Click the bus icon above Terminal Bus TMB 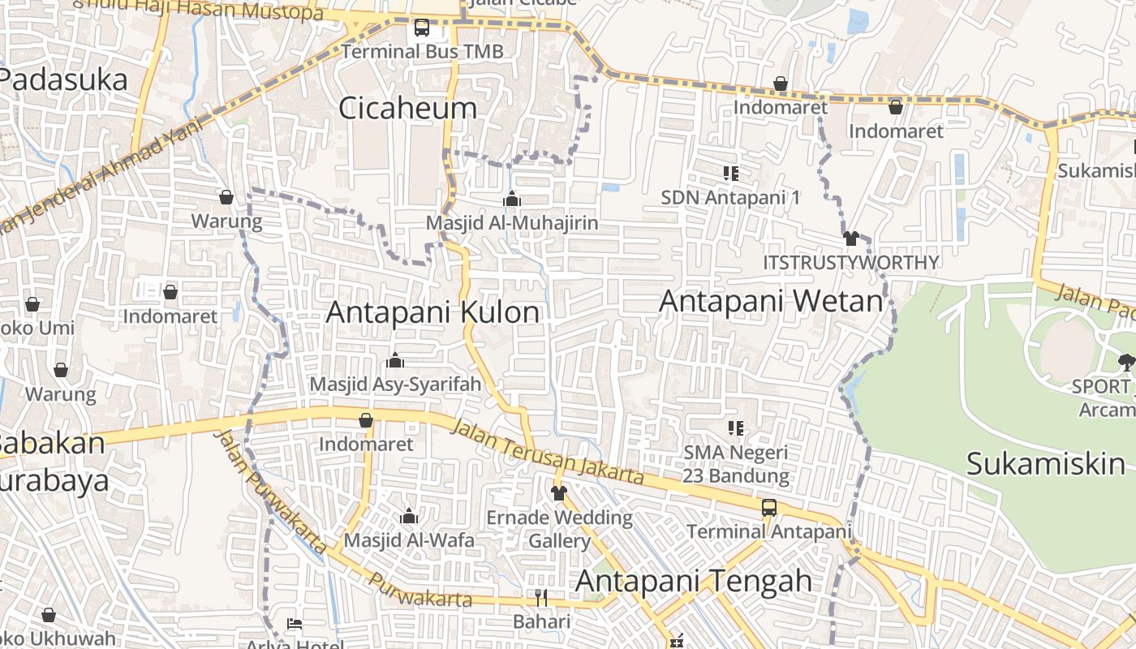tap(422, 28)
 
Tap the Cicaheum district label tap(407, 108)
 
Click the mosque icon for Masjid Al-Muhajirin tap(512, 199)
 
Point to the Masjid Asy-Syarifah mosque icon tap(395, 359)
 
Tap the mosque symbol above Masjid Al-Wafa tap(409, 516)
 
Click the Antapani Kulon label tap(432, 312)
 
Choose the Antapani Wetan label tap(770, 301)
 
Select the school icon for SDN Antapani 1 tap(730, 173)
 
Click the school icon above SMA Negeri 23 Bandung tap(736, 428)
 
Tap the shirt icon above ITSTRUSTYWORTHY tap(850, 239)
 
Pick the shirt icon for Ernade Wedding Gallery tap(558, 492)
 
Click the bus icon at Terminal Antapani tap(768, 508)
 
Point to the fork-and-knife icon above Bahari tap(541, 598)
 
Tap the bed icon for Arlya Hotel tap(295, 624)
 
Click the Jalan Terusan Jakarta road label tap(548, 452)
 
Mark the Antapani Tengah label tap(694, 581)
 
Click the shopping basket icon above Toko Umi tap(32, 304)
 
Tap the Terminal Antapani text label tap(769, 532)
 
